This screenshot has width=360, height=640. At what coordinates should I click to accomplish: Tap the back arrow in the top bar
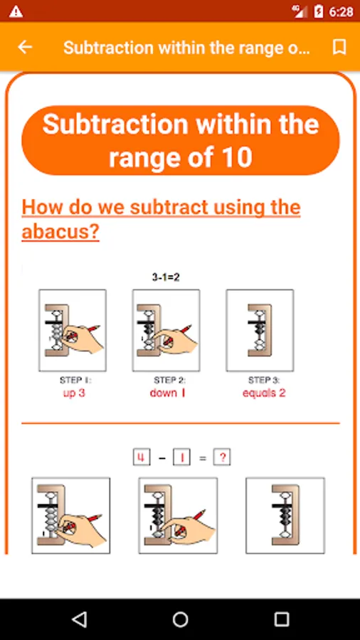click(x=24, y=48)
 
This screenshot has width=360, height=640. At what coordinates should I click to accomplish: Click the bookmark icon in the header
click(x=339, y=48)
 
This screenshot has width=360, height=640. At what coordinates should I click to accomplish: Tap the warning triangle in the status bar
click(x=16, y=12)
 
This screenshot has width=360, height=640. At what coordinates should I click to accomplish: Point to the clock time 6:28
click(x=341, y=12)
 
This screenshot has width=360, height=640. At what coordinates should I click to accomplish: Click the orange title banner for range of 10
click(x=181, y=140)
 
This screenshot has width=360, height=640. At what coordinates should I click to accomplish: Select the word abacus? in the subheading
click(x=60, y=232)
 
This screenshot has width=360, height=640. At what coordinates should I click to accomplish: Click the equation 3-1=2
click(x=166, y=277)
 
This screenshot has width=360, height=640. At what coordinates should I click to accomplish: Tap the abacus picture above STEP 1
click(x=73, y=330)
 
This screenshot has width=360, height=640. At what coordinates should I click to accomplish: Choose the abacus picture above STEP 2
click(x=166, y=330)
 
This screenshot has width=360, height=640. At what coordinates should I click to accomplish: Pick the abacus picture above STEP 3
click(x=260, y=330)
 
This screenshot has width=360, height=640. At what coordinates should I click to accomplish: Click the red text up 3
click(x=74, y=393)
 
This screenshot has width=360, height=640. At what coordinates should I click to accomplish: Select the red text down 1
click(x=168, y=393)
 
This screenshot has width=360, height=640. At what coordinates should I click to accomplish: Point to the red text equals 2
click(x=264, y=393)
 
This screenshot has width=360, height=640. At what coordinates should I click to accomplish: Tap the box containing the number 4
click(x=141, y=457)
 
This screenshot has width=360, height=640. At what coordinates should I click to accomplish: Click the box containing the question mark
click(x=222, y=457)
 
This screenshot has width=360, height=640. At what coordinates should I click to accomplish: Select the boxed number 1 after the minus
click(x=181, y=457)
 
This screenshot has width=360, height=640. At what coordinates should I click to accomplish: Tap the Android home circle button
click(x=180, y=619)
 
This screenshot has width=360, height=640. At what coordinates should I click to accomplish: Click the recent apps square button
click(x=281, y=619)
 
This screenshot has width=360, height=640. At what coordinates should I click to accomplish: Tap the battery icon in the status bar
click(x=319, y=12)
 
